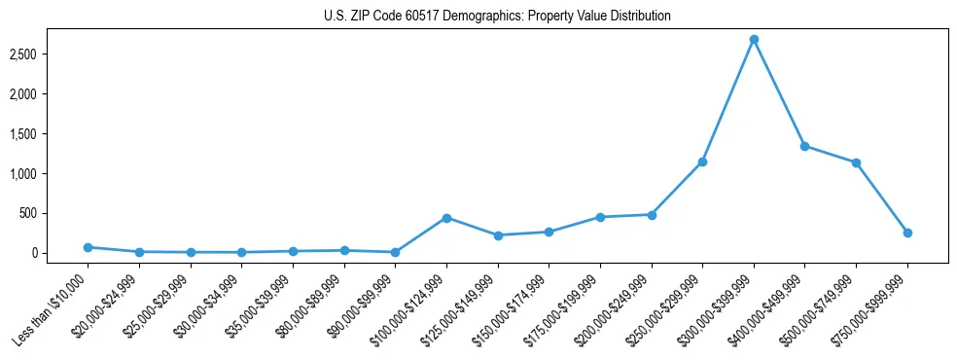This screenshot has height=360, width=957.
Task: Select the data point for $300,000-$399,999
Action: (754, 40)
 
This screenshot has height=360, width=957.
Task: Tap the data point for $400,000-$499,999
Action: (804, 146)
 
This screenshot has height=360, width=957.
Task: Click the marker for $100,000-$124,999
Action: (446, 218)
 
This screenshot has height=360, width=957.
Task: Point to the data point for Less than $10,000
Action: (88, 247)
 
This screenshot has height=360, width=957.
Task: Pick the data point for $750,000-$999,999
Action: (907, 233)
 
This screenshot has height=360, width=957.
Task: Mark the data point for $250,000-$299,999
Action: (702, 162)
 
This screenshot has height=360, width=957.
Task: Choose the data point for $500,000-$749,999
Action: (856, 162)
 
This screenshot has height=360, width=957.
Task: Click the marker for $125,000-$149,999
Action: (498, 235)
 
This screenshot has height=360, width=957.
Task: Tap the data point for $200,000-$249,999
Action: (652, 215)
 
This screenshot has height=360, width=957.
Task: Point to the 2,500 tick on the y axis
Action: (51, 54)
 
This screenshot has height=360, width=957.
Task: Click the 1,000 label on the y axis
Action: (51, 173)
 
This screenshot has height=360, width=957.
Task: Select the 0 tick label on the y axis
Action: (60, 253)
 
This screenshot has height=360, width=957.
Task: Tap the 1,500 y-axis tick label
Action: (51, 133)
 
